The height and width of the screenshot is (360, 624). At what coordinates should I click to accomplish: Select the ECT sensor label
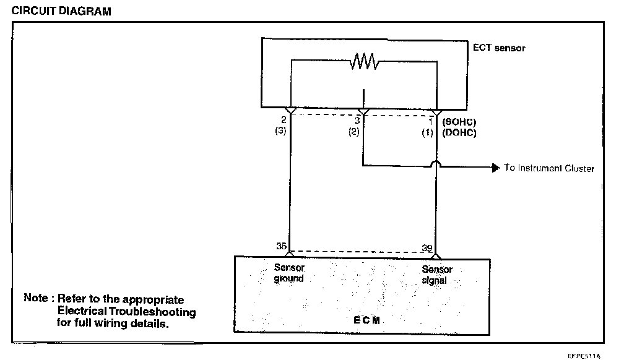point(499,48)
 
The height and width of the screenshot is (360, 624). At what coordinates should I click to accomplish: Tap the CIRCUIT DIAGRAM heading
point(61,11)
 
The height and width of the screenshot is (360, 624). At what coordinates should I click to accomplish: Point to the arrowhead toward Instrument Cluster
point(495,168)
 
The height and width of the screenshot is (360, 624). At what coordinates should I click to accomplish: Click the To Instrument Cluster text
point(548,168)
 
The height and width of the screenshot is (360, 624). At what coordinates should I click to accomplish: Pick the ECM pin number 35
point(281,246)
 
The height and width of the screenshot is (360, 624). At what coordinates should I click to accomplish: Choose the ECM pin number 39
point(427,248)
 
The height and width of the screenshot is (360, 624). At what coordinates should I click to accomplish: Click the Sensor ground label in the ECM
point(289,273)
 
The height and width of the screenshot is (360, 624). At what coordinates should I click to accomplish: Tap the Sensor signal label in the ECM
point(436,275)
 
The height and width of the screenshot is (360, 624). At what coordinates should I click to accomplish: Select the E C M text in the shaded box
point(366,320)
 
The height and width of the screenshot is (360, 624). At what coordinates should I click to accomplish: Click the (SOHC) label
point(459,122)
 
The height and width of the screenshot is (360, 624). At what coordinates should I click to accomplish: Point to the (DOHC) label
point(459,132)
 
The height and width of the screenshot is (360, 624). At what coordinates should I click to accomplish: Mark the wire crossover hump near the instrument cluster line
point(436,163)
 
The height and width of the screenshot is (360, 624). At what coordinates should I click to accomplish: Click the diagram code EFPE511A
point(584,356)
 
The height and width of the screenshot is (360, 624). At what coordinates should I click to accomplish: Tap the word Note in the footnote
point(36,298)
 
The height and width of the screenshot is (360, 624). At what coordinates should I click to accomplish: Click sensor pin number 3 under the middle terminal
point(357,121)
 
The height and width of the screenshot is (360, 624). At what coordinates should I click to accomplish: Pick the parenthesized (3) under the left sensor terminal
point(280,131)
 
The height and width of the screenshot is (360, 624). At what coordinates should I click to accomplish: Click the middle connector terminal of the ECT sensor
point(364,112)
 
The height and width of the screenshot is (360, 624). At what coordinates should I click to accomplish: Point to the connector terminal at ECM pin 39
point(436,257)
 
